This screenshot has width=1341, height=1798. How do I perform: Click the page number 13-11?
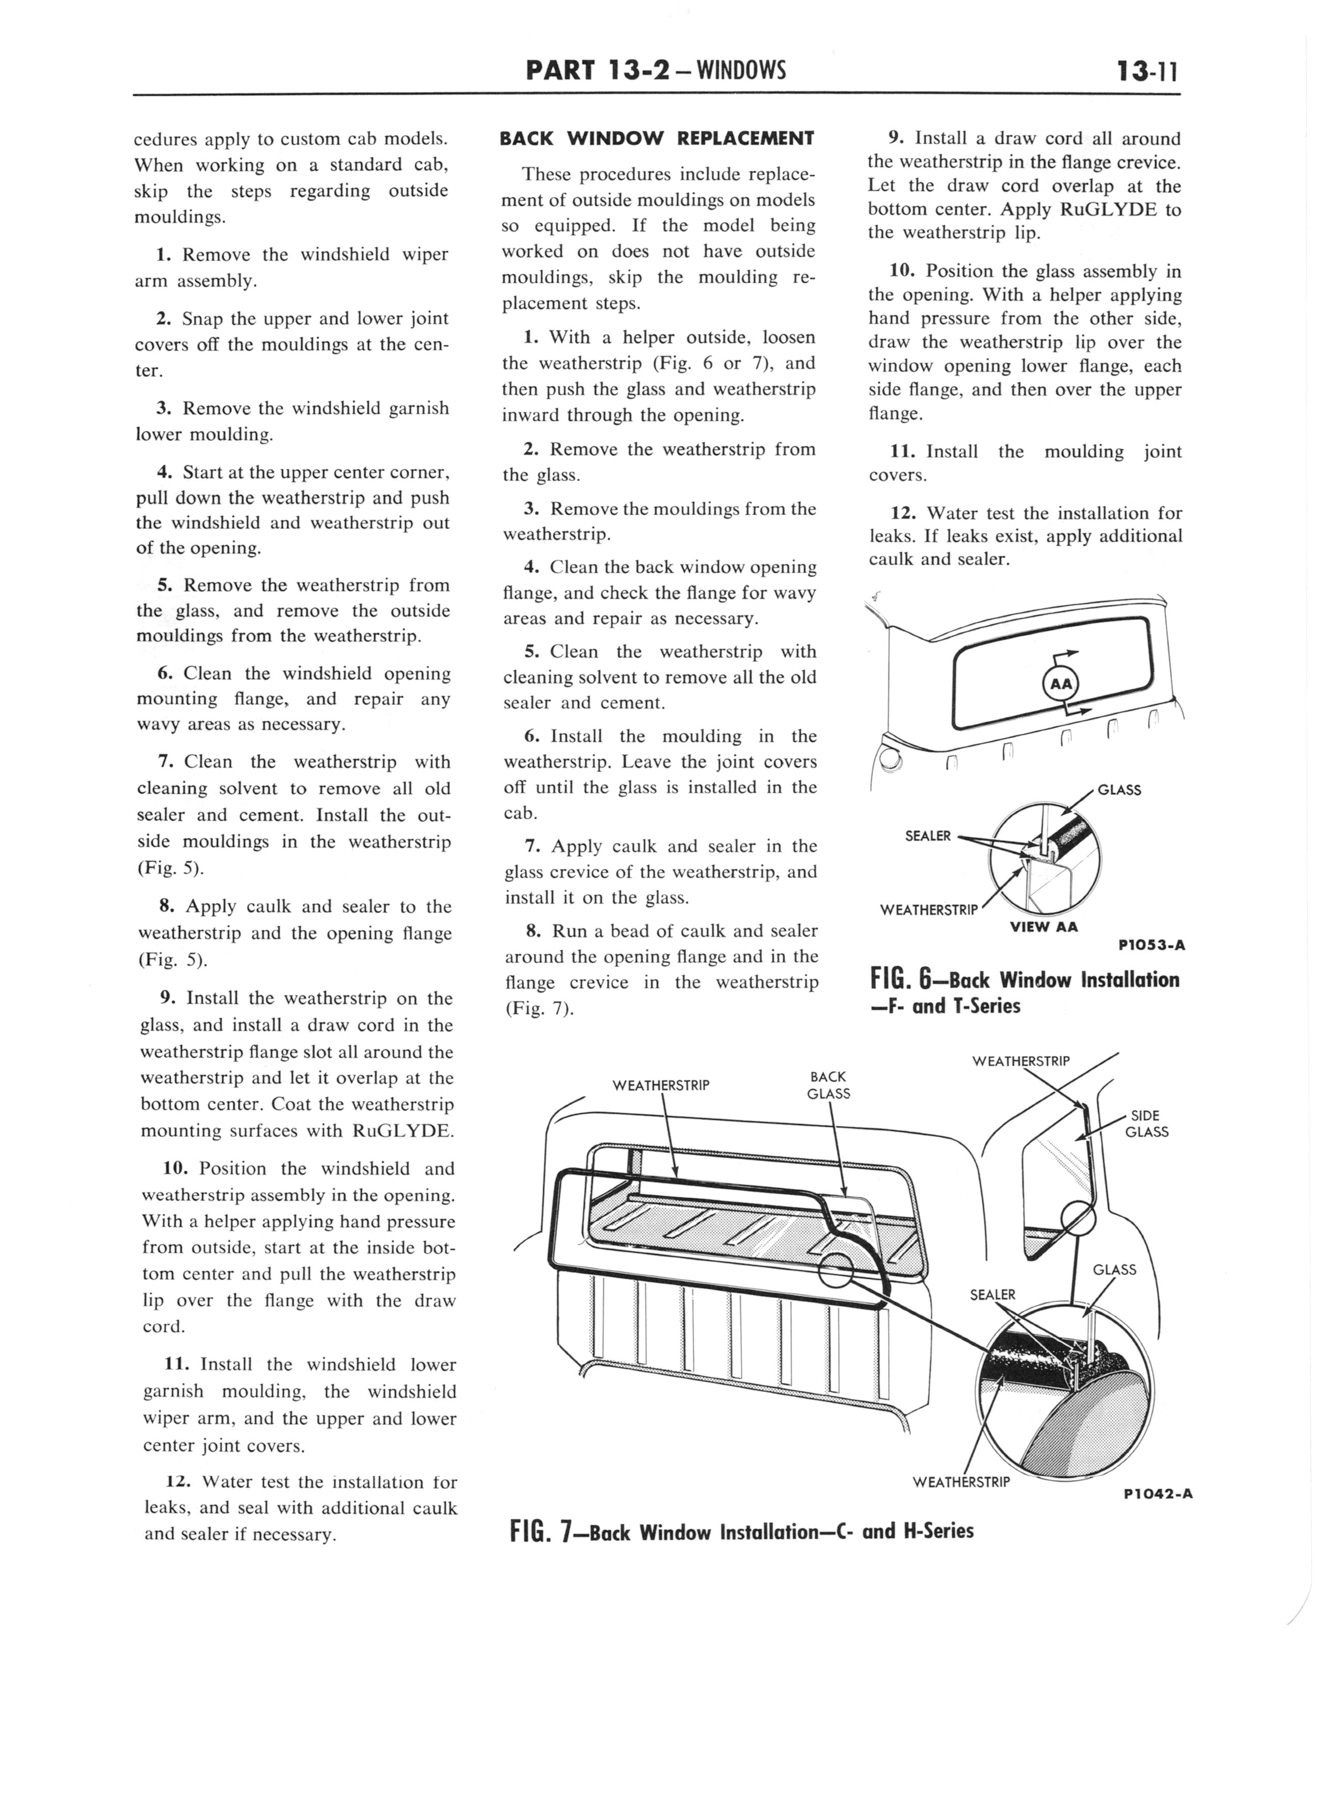pos(1146,72)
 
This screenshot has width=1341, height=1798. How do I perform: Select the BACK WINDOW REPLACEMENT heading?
pos(657,138)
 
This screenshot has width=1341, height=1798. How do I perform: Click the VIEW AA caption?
pos(1043,927)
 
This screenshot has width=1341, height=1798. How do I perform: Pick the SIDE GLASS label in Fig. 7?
pos(1146,1123)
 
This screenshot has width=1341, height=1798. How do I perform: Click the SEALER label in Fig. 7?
pos(992,1295)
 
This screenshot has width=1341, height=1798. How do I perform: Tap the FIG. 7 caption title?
pos(741,1532)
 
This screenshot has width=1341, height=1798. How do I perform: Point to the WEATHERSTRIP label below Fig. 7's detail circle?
pos(961,1482)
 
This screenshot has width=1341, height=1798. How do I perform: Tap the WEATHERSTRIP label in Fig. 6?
pos(929,910)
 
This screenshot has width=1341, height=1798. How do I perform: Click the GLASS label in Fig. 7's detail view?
pos(1114,1270)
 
